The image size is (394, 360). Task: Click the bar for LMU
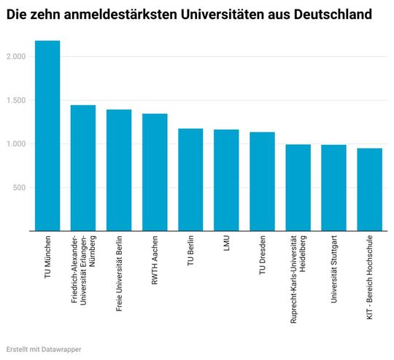tap(226, 180)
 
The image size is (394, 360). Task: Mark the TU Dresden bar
tap(262, 181)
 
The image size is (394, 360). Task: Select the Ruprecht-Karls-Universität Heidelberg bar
tap(298, 187)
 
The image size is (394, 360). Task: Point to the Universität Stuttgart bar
tap(333, 188)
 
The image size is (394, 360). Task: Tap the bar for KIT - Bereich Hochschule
tap(369, 189)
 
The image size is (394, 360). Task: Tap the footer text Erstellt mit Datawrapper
tap(43, 349)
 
